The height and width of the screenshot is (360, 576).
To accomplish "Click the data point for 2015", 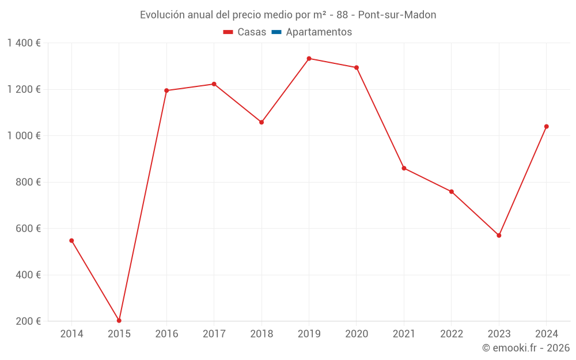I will pos(119,321).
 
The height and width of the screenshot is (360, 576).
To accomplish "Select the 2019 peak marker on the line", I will pos(309,59).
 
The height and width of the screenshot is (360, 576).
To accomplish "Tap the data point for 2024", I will pos(546,127).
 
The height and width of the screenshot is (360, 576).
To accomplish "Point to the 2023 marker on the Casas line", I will pos(499,236).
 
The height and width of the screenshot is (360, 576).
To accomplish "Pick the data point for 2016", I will pos(166,90).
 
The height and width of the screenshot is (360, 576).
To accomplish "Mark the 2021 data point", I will pos(404,168).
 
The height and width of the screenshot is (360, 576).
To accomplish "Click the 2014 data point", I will pos(71,241).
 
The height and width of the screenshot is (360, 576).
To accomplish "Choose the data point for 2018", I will pos(262,122).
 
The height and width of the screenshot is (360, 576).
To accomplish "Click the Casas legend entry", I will pos(245,32).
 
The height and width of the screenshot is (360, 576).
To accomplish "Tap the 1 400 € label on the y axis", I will pos(24,43).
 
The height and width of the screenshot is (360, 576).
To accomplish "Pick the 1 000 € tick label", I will pos(24,136).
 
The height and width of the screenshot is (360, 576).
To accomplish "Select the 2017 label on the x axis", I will pos(214,334).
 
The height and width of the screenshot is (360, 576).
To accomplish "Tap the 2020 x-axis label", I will pos(356,334).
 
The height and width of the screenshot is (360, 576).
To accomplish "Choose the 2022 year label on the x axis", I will pos(451,334).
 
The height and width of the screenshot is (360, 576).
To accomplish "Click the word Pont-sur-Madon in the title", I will pos(397,15).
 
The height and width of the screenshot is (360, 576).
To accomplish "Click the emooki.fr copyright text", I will pos(526,348).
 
